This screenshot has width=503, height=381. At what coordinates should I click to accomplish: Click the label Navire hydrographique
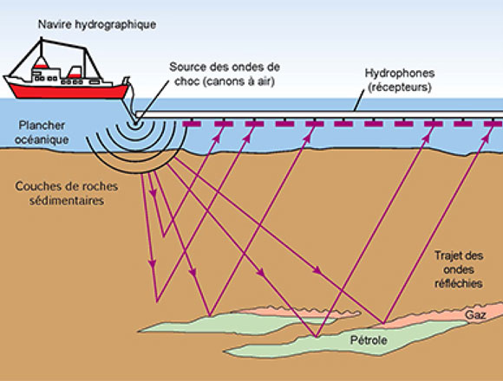pyautogui.click(x=95, y=23)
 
